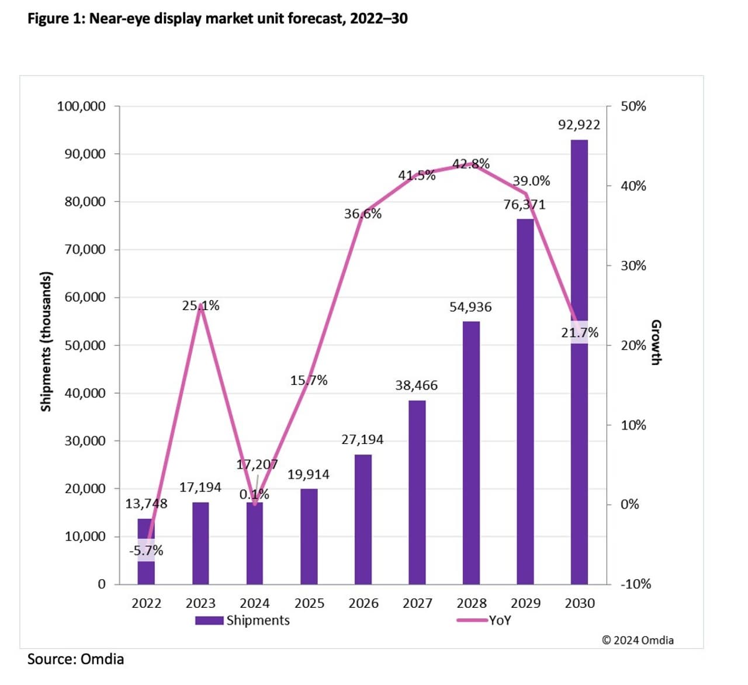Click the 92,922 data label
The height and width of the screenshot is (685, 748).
[x=579, y=125]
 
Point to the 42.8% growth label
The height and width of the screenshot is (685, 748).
[x=471, y=164]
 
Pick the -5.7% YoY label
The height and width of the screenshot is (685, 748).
[x=146, y=550]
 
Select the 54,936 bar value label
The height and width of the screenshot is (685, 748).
[x=470, y=307]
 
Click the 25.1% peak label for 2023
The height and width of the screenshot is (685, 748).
[x=200, y=305]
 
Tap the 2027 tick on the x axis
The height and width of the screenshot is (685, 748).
[x=417, y=603]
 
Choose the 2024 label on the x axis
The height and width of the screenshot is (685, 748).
[x=255, y=603]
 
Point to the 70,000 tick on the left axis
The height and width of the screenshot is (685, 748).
[x=85, y=250]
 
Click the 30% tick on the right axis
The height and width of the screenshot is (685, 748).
[x=633, y=266]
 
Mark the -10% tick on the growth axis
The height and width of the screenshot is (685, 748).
[x=635, y=584]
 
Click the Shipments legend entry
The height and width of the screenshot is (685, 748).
[x=243, y=620]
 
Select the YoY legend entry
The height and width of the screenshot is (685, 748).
[x=484, y=620]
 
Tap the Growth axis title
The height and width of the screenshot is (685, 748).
[x=656, y=342]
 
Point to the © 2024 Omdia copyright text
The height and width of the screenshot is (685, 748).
[x=638, y=640]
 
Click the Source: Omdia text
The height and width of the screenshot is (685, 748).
[x=75, y=659]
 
